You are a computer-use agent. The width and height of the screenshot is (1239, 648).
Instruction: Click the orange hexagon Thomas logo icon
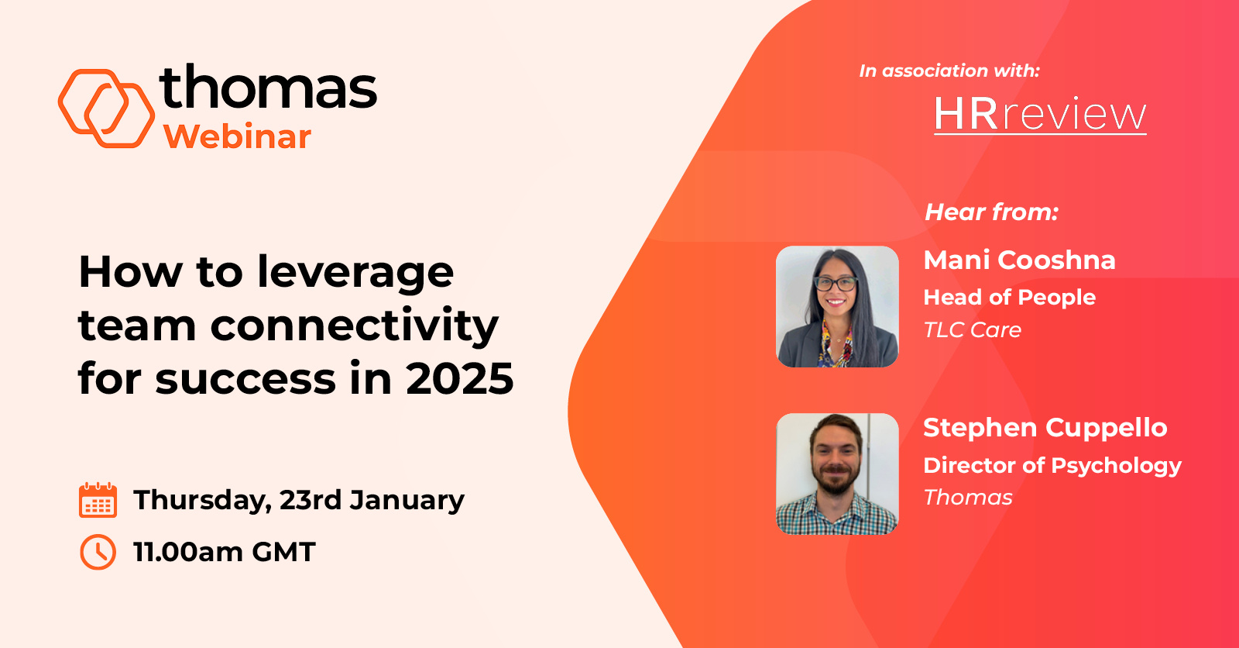[106, 109]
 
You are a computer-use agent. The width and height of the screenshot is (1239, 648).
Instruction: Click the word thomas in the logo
[268, 88]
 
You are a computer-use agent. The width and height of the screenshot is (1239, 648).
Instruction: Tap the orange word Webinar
[237, 137]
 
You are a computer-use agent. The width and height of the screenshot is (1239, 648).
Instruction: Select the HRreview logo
[1039, 115]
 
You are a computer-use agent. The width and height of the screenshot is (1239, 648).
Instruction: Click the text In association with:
[949, 71]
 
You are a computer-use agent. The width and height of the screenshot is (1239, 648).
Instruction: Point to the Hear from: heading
[991, 212]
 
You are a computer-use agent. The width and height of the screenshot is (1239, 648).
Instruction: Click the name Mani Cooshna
[1019, 260]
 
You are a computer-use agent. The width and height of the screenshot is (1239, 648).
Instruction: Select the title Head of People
[1009, 297]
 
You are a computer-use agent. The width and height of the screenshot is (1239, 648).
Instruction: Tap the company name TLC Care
[972, 330]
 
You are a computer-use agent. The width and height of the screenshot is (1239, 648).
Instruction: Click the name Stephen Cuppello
[1045, 427]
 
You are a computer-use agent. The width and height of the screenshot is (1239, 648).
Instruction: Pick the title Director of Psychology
[1052, 465]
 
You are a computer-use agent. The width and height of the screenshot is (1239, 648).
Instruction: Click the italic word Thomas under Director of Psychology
[967, 498]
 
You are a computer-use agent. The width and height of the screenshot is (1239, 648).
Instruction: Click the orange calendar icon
[98, 499]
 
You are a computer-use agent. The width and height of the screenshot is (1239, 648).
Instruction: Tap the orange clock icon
[98, 552]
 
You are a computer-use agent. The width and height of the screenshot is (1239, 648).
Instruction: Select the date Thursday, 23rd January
[298, 500]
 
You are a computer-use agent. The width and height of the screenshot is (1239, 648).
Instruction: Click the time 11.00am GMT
[224, 552]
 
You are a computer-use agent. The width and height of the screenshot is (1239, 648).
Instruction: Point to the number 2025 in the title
[459, 378]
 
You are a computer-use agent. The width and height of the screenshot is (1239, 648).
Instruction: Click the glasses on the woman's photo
[836, 284]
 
